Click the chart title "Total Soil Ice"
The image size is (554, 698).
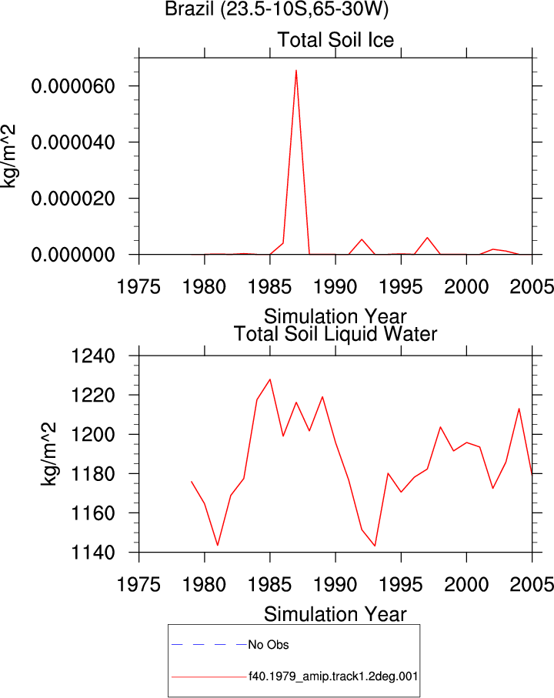point(335,39)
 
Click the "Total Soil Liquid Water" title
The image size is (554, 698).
point(335,334)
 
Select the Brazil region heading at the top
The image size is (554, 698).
point(276,8)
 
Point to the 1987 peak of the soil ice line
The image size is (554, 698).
point(296,70)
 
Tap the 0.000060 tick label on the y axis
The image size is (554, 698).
point(73,86)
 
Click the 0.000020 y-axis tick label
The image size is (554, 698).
point(73,199)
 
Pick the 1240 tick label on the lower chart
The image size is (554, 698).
point(93,356)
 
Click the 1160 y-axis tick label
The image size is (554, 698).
point(93,513)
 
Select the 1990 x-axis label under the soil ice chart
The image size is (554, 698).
point(335,286)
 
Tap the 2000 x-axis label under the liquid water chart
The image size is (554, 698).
point(466,584)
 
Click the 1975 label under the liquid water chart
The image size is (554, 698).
point(138,584)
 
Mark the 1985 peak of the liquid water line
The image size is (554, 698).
point(270,379)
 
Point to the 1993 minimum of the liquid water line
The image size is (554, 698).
point(375,546)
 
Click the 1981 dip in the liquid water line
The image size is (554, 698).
point(218,546)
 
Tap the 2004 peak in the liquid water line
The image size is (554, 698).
point(519,409)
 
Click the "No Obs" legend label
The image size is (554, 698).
point(269,645)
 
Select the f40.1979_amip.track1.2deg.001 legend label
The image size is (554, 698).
point(333,676)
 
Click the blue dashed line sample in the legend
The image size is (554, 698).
point(209,645)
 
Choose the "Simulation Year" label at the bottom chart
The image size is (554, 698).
point(335,614)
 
